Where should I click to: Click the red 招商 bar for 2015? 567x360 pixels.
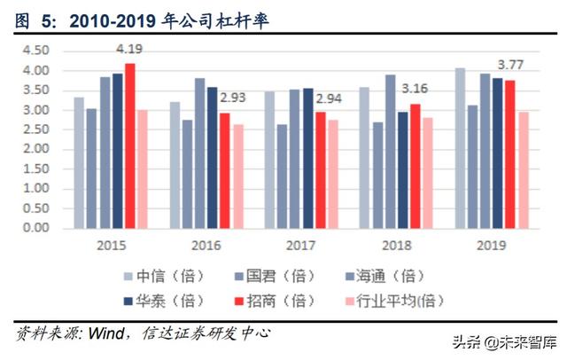[130, 145]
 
